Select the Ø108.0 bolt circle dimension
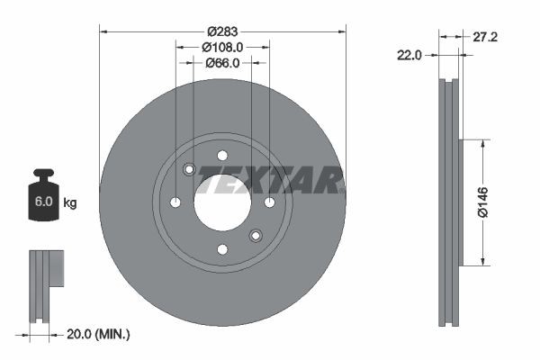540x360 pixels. pyautogui.click(x=222, y=46)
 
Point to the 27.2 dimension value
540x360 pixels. pyautogui.click(x=486, y=37)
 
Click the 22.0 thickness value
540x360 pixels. pyautogui.click(x=409, y=55)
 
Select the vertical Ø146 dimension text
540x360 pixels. pyautogui.click(x=482, y=202)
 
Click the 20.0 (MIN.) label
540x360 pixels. pyautogui.click(x=100, y=334)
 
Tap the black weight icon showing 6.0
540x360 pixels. pyautogui.click(x=43, y=199)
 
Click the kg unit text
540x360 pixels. pyautogui.click(x=70, y=203)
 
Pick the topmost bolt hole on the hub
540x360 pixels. pyautogui.click(x=221, y=155)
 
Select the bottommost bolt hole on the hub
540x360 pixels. pyautogui.click(x=221, y=249)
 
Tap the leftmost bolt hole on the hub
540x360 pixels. pyautogui.click(x=175, y=202)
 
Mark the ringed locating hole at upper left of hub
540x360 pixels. pyautogui.click(x=189, y=169)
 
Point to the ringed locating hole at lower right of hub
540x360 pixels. pyautogui.click(x=255, y=235)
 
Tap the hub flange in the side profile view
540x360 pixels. pyautogui.click(x=461, y=202)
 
